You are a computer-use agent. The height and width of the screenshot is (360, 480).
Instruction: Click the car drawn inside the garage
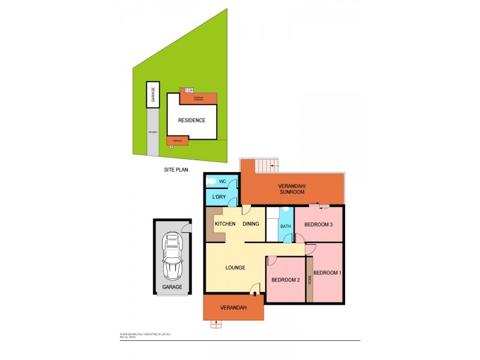tap(173, 256)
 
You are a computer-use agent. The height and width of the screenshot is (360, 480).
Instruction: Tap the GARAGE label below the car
tap(172, 287)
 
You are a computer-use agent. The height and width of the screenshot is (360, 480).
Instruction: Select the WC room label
tap(221, 181)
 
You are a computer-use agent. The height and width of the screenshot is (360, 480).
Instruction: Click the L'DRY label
tap(219, 197)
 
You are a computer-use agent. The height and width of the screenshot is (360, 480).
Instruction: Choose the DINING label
tap(251, 224)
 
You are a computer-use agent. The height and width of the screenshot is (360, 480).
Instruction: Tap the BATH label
tap(286, 226)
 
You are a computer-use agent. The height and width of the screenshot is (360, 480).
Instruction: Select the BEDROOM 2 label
tap(286, 280)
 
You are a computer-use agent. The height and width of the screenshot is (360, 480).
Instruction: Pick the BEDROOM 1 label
tap(328, 273)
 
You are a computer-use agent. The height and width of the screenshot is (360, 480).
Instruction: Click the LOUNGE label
tap(235, 268)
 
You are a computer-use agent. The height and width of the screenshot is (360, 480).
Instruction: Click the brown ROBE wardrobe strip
tap(310, 280)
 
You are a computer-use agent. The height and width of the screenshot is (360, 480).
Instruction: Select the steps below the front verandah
tap(215, 324)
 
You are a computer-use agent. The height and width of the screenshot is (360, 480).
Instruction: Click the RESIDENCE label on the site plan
tap(192, 120)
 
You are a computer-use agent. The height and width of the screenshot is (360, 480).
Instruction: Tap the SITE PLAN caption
tap(176, 170)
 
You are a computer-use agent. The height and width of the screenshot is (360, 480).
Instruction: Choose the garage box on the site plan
tap(153, 95)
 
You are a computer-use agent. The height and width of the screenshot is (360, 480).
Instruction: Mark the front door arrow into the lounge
tap(256, 293)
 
